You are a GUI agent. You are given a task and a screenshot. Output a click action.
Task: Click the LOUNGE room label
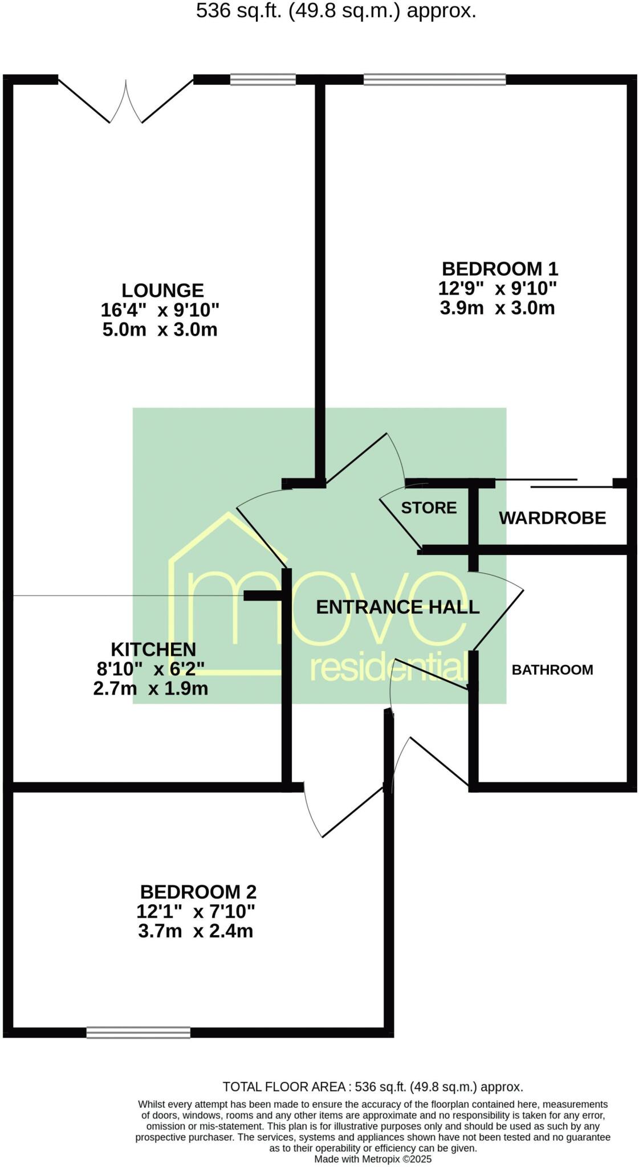(x=162, y=291)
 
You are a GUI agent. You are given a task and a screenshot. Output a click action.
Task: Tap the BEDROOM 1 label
(x=499, y=268)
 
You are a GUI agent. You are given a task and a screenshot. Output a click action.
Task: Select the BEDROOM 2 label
(x=198, y=891)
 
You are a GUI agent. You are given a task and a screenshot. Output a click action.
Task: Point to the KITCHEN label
(x=153, y=649)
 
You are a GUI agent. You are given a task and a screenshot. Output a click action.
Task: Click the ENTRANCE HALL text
(x=397, y=607)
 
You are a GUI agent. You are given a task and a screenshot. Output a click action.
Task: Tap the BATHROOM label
(x=552, y=670)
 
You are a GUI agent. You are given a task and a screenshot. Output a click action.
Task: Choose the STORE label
(x=429, y=508)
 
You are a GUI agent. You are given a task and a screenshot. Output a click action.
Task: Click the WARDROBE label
(x=552, y=518)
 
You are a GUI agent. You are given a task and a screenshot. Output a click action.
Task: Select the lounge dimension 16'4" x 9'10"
(x=160, y=311)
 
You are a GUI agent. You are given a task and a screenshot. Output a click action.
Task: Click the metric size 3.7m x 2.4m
(x=196, y=931)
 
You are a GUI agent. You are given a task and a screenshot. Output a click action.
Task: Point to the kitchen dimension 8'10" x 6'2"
(x=150, y=669)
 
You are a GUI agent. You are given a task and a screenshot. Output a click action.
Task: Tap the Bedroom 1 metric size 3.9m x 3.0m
(x=497, y=308)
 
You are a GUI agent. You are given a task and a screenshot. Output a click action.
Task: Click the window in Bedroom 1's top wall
(x=434, y=80)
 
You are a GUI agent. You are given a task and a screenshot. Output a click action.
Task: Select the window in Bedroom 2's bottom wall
(x=139, y=1032)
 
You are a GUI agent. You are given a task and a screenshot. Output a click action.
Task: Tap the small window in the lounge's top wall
(x=263, y=80)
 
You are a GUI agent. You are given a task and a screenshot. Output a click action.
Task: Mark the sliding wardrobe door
(x=553, y=483)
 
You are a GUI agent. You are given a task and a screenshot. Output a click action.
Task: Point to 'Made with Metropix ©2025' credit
(x=373, y=1159)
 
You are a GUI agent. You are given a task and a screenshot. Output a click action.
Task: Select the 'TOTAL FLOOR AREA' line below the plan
(x=373, y=1087)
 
